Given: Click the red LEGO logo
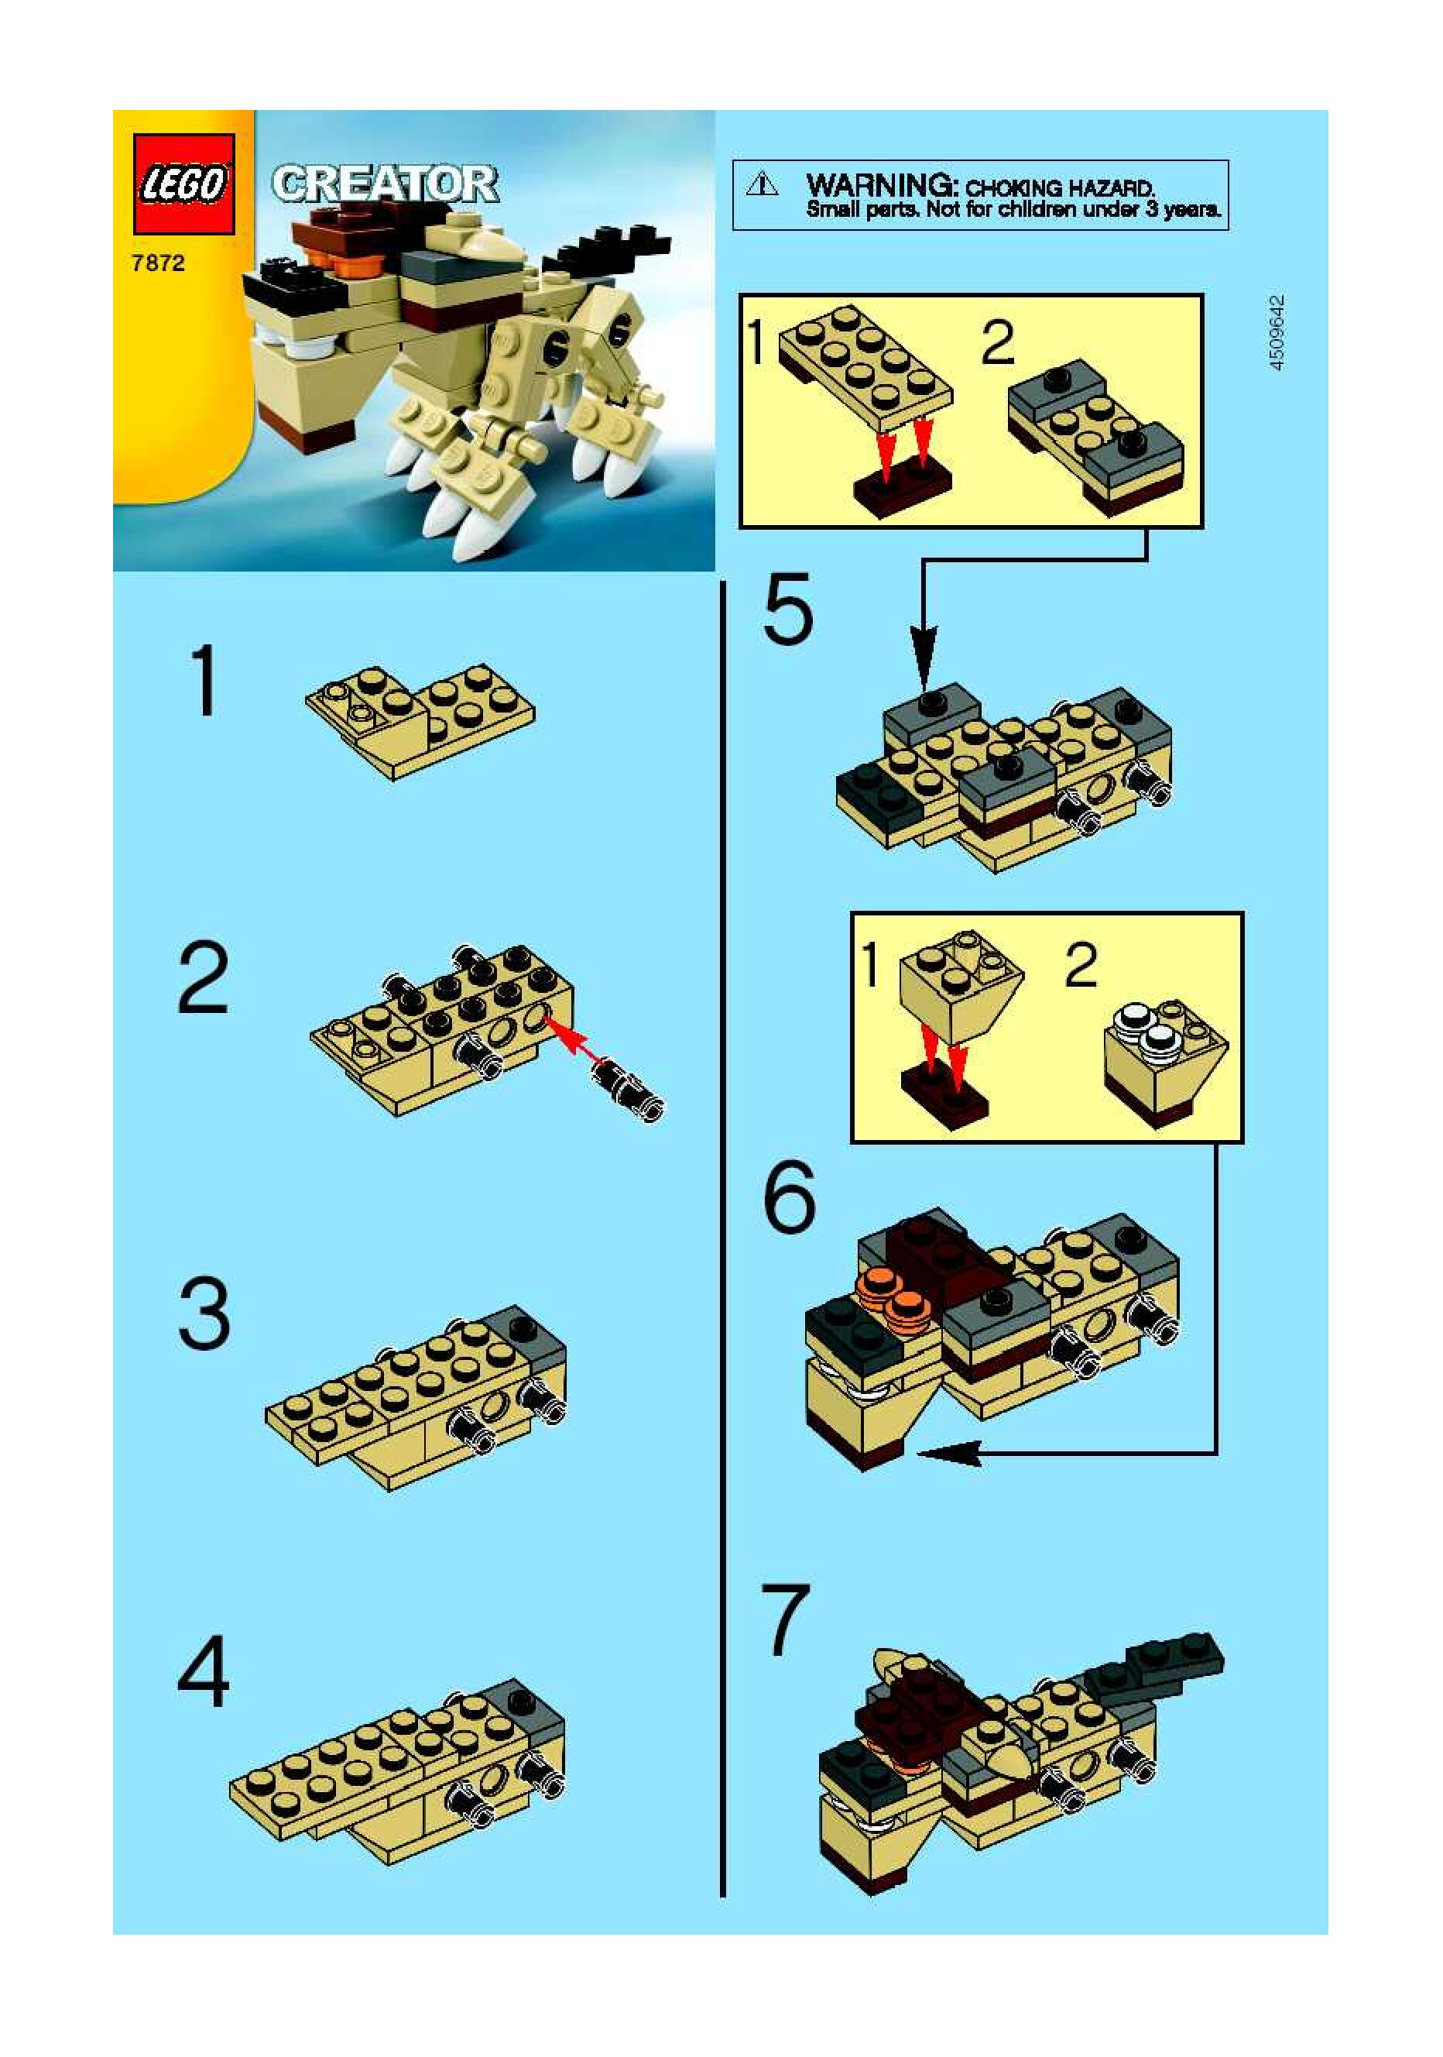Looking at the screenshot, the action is [x=183, y=184].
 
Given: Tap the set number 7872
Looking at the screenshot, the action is [x=158, y=263].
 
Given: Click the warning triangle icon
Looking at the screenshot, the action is [x=763, y=184].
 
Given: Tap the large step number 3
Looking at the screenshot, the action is [x=204, y=1315].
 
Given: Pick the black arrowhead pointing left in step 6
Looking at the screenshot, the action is [x=949, y=1452].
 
